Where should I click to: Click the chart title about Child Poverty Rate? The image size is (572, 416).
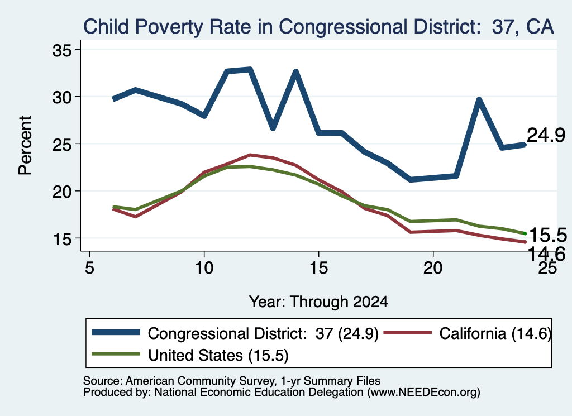[x=318, y=27]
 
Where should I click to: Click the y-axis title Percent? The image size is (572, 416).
[x=25, y=146]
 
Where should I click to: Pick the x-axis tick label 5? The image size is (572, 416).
[x=90, y=268]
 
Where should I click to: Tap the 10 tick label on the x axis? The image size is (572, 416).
[x=204, y=268]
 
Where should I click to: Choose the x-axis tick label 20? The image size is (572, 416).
[x=433, y=268]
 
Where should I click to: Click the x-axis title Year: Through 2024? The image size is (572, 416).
[x=318, y=302]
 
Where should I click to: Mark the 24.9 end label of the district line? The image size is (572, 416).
[x=546, y=135]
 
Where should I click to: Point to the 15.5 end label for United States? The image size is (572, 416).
[x=548, y=235]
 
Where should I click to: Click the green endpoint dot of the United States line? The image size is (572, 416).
[x=525, y=233]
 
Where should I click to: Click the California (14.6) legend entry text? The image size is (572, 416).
[x=495, y=333]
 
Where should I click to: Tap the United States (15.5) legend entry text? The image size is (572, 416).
[x=218, y=355]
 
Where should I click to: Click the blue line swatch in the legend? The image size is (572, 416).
[x=116, y=332]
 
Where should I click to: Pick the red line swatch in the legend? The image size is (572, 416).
[x=407, y=332]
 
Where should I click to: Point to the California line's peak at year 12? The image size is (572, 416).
[x=250, y=155]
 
